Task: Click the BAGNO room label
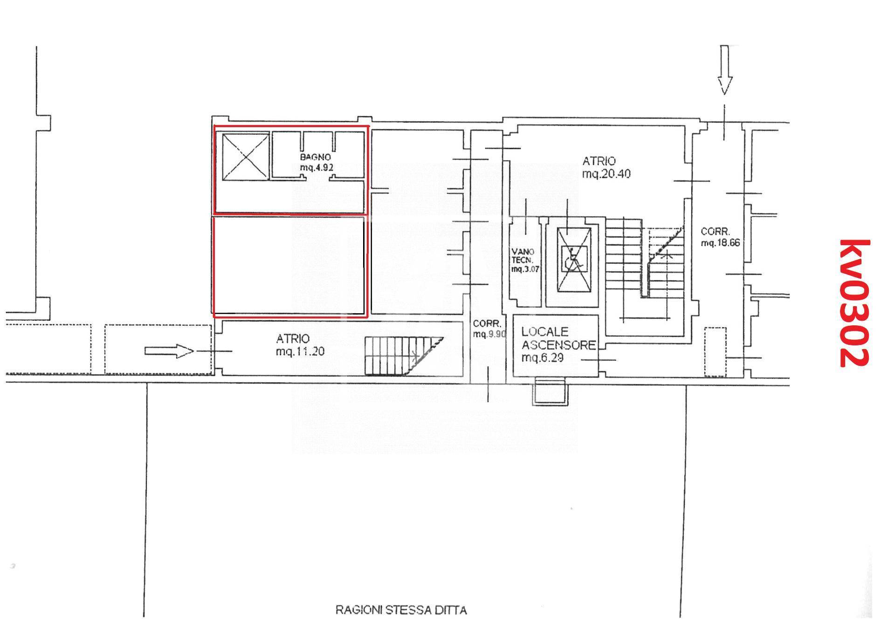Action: point(316,158)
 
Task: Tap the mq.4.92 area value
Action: point(317,167)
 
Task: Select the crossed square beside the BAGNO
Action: point(245,157)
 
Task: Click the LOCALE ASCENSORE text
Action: point(558,338)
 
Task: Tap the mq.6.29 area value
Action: point(543,358)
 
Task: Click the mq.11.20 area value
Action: point(300,351)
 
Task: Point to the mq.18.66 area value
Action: point(720,243)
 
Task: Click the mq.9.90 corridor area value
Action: point(489,334)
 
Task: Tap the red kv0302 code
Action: point(854,303)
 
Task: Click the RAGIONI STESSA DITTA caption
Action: point(401,610)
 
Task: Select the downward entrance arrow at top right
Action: point(724,70)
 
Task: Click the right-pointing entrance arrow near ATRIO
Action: point(169,351)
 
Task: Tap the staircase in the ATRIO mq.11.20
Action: point(404,356)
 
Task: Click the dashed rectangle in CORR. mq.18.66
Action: point(715,352)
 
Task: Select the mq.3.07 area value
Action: point(525,269)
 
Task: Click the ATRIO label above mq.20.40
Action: point(599,161)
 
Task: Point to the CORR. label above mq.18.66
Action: point(716,231)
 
